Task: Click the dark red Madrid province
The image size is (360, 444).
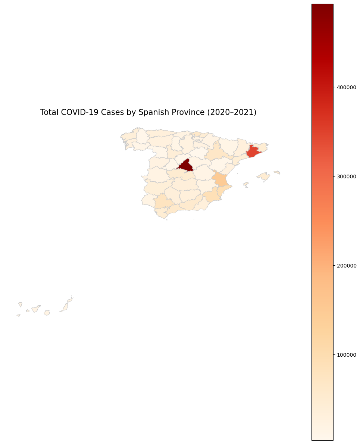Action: [x=185, y=165]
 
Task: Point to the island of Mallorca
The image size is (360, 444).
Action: [x=263, y=176]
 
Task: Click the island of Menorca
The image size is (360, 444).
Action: [x=277, y=172]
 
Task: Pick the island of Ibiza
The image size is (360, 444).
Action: [x=245, y=184]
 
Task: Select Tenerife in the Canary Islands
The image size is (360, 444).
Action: [x=36, y=309]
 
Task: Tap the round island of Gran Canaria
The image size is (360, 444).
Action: [x=47, y=313]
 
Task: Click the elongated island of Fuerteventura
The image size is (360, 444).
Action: [x=65, y=307]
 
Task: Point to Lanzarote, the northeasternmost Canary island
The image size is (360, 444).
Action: [x=70, y=299]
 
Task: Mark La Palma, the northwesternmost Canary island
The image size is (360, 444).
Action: [x=20, y=304]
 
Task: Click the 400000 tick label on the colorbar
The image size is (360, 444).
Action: [x=347, y=87]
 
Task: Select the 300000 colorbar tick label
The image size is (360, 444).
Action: [x=347, y=176]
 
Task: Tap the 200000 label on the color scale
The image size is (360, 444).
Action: [x=347, y=266]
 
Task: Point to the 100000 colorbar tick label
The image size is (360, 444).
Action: [x=347, y=355]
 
